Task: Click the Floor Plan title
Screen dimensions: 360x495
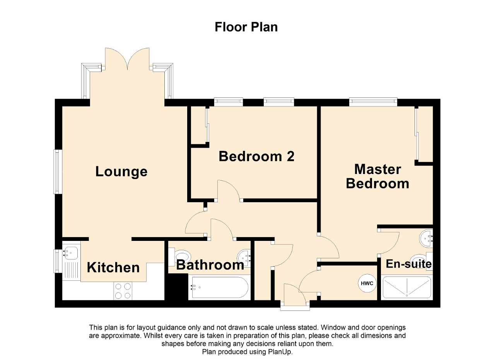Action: click(x=246, y=27)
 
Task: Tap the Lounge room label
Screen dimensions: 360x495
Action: click(x=121, y=171)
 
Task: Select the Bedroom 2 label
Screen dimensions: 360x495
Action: click(x=256, y=157)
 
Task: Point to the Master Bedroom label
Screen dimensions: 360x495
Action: click(x=377, y=176)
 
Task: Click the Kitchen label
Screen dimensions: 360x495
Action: click(x=113, y=267)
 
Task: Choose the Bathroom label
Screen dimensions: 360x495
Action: click(x=210, y=265)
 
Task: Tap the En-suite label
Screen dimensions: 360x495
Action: click(x=409, y=264)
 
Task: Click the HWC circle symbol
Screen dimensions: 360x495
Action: click(x=367, y=283)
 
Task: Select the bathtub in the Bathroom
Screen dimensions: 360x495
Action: click(x=219, y=287)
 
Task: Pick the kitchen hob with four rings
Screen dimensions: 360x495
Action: click(x=123, y=291)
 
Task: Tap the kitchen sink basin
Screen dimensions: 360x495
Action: click(x=70, y=253)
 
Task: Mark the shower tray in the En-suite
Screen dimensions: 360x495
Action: click(x=406, y=287)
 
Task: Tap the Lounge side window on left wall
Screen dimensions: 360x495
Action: click(x=58, y=171)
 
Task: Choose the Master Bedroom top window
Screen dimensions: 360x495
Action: click(x=373, y=102)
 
